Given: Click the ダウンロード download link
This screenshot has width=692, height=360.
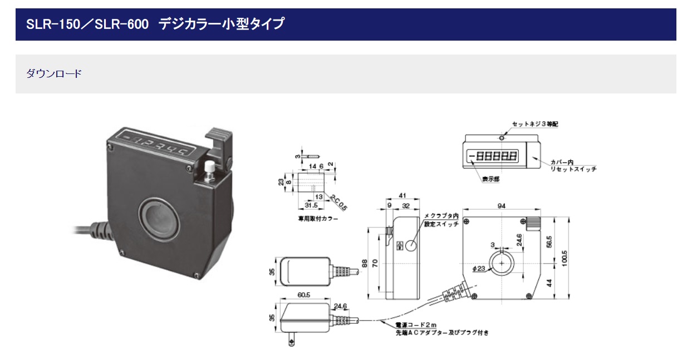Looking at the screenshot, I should pos(54,73).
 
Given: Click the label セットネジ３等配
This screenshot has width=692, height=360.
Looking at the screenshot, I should pos(535,124).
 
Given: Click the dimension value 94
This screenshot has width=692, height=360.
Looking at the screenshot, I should pos(501,206).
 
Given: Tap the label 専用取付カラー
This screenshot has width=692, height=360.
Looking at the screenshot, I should pos(318,219).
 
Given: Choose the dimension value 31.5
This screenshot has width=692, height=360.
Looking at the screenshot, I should pos(305,205).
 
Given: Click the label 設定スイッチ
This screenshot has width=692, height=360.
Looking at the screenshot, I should pos(441,224).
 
